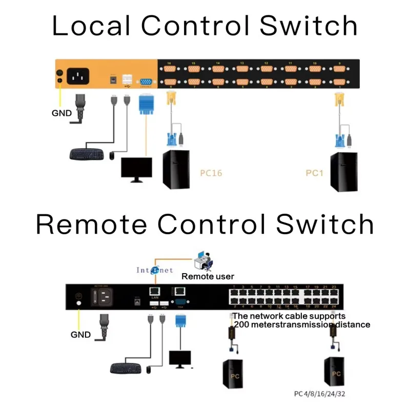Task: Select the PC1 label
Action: (314, 173)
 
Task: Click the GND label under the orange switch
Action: (62, 113)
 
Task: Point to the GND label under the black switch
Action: (80, 335)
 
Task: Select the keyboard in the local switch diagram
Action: (87, 153)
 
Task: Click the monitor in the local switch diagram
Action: (136, 169)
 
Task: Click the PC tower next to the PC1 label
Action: (344, 172)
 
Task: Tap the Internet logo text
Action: (154, 270)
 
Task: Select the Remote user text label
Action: (208, 277)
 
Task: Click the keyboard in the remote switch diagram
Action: (126, 367)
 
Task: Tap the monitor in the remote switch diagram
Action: (179, 359)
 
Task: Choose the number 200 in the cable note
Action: (241, 324)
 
